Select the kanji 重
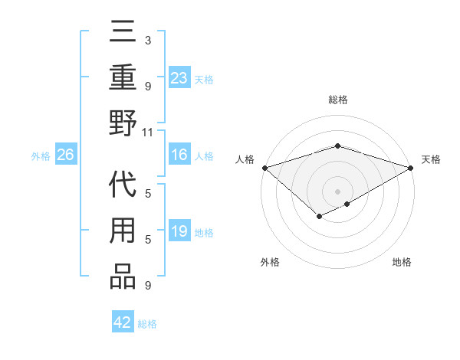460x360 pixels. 123,77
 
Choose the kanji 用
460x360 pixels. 123,232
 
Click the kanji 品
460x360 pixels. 123,276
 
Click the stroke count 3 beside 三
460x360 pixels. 147,40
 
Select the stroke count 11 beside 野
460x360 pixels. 147,132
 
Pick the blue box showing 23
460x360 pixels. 179,77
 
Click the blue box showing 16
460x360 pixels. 179,155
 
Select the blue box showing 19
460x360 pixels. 179,232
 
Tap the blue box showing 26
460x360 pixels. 65,155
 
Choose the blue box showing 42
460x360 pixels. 123,322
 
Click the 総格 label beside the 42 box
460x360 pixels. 147,324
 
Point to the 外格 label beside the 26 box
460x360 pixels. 41,156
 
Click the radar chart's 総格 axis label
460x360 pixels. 337,100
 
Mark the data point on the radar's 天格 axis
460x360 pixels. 411,168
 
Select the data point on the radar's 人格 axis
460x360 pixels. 264,168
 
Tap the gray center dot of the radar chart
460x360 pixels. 337,191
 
